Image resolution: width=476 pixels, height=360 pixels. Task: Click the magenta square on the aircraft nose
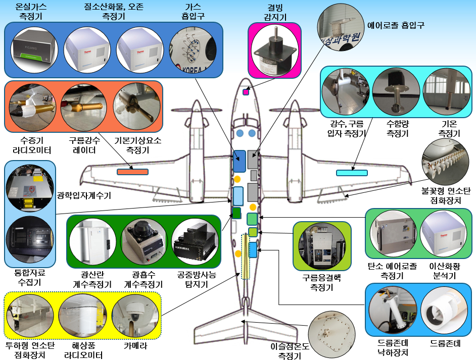pos(246,92)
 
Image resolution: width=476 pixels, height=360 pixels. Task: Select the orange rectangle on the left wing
pos(132,172)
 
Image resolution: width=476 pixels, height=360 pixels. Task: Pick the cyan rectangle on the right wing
pos(352,173)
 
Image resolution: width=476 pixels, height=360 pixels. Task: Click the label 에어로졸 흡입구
pos(395,24)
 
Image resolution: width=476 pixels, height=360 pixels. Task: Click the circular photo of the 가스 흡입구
pos(193,50)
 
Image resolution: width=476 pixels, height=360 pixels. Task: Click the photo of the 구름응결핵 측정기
pos(322,247)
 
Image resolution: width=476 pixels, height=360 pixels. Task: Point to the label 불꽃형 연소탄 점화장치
pos(446,196)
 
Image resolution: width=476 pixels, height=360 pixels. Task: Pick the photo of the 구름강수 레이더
pos(82,107)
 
